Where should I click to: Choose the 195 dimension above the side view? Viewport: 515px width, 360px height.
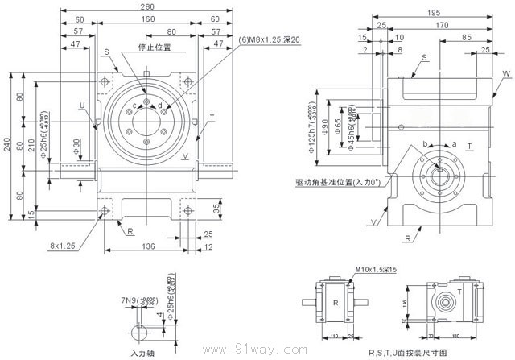(x=433, y=14)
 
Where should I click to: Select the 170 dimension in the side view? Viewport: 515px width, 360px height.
(x=441, y=25)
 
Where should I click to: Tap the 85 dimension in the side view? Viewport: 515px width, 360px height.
(x=467, y=37)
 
